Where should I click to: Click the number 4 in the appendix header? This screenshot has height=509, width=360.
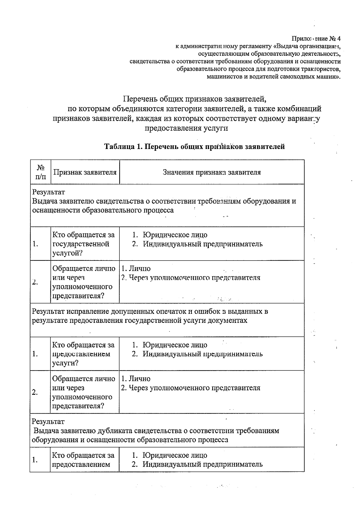(339, 39)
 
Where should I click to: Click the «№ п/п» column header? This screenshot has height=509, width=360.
(40, 172)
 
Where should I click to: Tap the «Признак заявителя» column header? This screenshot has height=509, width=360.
(85, 172)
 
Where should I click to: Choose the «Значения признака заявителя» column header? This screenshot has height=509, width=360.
(211, 172)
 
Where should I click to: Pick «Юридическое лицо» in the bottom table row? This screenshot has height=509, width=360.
(175, 455)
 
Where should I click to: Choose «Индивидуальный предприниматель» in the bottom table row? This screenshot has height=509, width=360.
(202, 464)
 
